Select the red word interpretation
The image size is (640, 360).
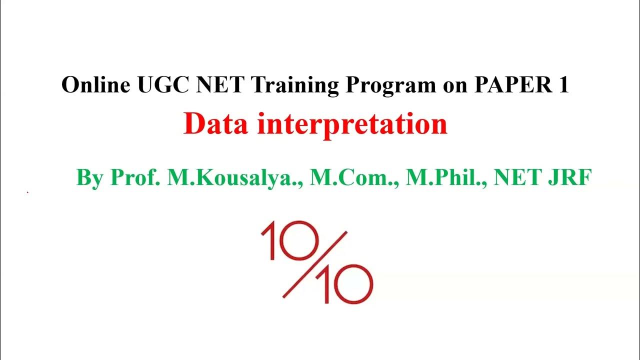click(352, 125)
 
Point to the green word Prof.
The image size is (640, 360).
click(135, 177)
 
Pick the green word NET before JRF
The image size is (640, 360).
click(515, 177)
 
